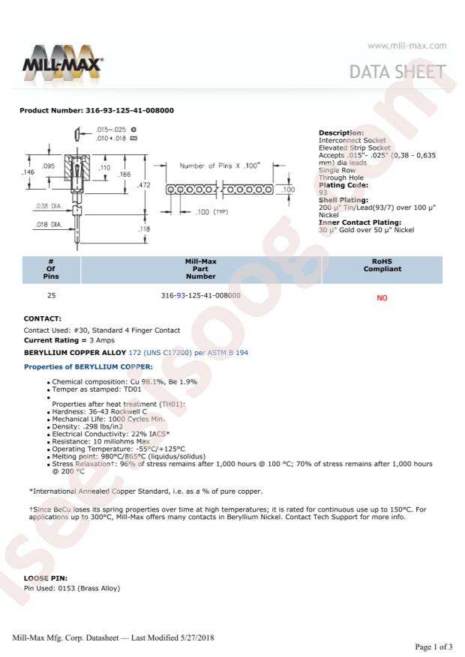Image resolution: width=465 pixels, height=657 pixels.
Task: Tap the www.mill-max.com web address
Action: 406,46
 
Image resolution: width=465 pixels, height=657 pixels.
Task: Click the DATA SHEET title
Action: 397,72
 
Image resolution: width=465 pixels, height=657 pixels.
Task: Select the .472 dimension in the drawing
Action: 143,185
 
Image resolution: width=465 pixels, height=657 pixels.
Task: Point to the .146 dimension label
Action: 28,172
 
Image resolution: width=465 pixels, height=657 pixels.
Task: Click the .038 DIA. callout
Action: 48,206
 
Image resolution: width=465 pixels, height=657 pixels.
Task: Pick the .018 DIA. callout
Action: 48,225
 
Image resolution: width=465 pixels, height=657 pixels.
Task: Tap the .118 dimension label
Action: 143,228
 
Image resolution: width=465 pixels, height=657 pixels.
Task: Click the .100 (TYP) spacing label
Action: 211,212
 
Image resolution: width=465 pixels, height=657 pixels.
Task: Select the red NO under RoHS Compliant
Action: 382,298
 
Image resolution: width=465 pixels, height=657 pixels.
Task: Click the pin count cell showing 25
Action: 51,295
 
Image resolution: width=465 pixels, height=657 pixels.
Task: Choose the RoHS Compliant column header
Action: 382,265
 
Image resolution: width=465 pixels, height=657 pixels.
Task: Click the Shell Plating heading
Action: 343,200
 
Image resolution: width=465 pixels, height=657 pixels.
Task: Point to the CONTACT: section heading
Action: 42,318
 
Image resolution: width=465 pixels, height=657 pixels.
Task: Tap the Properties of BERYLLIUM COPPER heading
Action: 88,366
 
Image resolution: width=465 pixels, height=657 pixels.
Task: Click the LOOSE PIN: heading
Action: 45,578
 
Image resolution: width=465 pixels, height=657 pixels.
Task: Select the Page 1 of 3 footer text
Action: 433,647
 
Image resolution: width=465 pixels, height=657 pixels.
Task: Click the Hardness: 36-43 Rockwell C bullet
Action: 99,411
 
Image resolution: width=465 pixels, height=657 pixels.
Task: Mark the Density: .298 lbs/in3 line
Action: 87,426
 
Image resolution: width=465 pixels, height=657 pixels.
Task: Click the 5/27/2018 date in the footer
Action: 197,638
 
